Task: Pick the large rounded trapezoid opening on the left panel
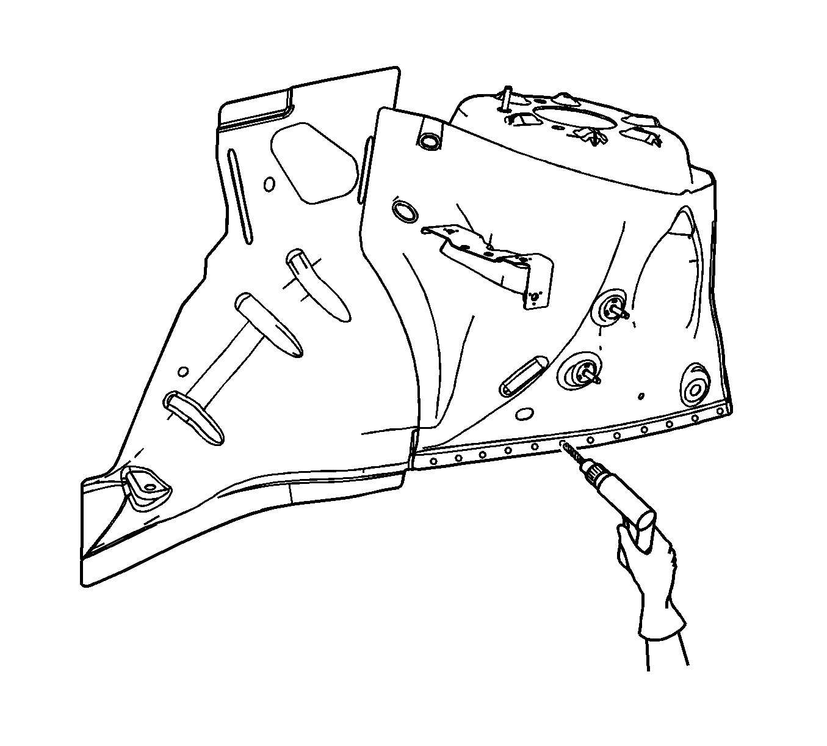coord(314,161)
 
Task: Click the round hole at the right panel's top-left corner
coord(430,140)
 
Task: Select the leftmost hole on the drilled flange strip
coord(433,461)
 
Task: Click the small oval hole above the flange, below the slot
coord(523,414)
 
